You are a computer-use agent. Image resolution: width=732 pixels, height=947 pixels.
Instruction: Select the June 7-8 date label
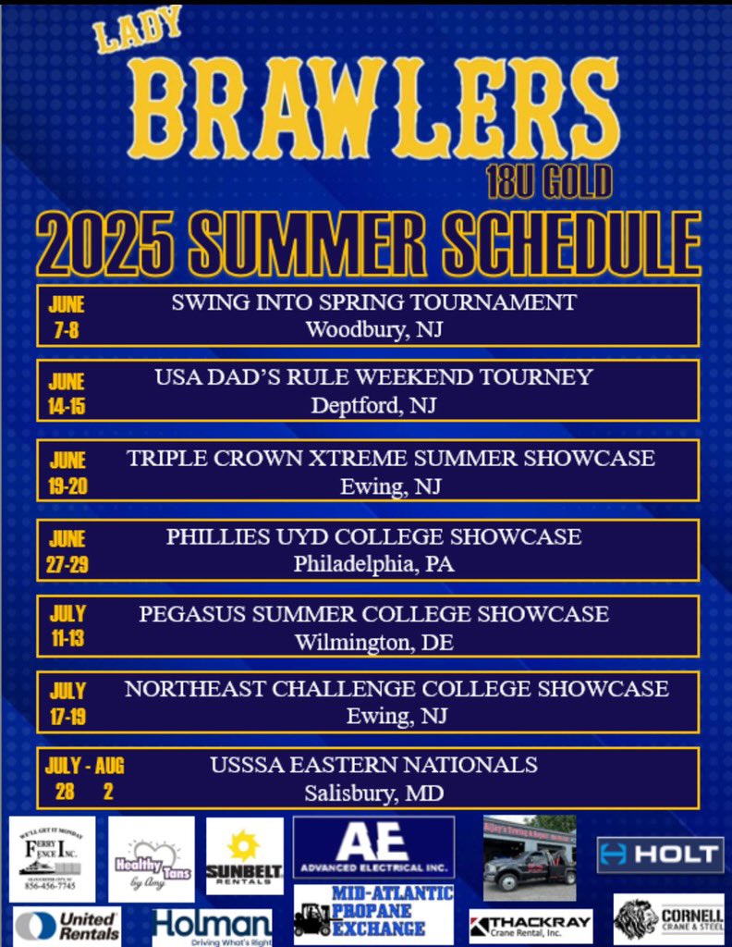[x=67, y=316]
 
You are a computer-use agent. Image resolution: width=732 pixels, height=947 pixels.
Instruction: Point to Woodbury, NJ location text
[x=373, y=329]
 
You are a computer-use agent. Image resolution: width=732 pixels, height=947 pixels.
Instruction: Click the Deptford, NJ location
[x=373, y=405]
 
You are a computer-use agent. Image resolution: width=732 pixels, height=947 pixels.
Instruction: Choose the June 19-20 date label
[x=67, y=473]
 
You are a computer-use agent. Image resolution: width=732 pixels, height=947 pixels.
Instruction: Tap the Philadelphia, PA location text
[x=373, y=563]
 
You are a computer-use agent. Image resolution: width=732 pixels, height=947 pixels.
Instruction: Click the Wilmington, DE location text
[x=373, y=641]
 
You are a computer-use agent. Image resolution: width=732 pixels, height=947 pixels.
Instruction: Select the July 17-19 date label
[x=67, y=703]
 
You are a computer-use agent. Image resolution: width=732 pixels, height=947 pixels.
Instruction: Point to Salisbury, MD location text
[x=373, y=793]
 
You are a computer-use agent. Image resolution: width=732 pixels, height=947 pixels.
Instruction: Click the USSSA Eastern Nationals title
[x=373, y=765]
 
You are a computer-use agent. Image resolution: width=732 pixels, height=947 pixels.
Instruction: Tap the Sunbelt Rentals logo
[x=244, y=856]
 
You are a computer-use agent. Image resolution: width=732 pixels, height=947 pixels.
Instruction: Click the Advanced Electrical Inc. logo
[x=373, y=847]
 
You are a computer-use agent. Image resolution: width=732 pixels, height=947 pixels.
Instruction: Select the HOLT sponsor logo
[x=660, y=855]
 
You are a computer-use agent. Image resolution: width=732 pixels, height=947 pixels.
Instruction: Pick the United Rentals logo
[x=67, y=925]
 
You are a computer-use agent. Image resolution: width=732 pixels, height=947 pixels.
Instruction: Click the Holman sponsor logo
[x=213, y=926]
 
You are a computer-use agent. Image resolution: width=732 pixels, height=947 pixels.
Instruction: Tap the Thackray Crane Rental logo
[x=530, y=925]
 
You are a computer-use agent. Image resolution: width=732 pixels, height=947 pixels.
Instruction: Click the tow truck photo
[x=530, y=857]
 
